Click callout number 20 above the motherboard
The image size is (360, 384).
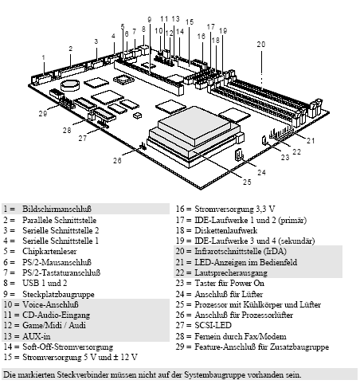pos(260,44)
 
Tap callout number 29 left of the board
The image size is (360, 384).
pos(42,113)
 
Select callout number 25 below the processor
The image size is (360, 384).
pos(247,182)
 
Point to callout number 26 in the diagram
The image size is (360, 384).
pos(117,159)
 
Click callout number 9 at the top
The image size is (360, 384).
pos(149,19)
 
